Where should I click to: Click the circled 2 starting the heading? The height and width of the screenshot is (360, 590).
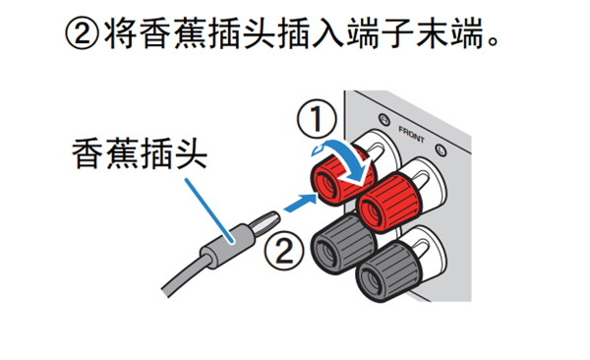point(82,33)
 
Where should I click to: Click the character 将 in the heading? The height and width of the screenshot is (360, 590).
point(120,33)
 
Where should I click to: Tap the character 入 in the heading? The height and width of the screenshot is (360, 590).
point(327,33)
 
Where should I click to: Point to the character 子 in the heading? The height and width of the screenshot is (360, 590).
point(396,33)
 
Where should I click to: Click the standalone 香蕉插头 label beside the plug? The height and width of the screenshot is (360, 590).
point(140,153)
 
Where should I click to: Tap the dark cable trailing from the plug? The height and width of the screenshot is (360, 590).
point(185,275)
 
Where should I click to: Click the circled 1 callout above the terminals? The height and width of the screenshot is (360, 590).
point(317,119)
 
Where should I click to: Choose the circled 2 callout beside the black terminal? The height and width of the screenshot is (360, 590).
point(284,250)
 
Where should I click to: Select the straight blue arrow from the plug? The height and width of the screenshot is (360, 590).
point(300,203)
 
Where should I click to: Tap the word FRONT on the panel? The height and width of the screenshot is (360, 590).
point(411,135)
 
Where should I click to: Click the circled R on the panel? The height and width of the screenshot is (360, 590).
point(383,120)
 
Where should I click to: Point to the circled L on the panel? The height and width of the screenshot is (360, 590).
point(441,150)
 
